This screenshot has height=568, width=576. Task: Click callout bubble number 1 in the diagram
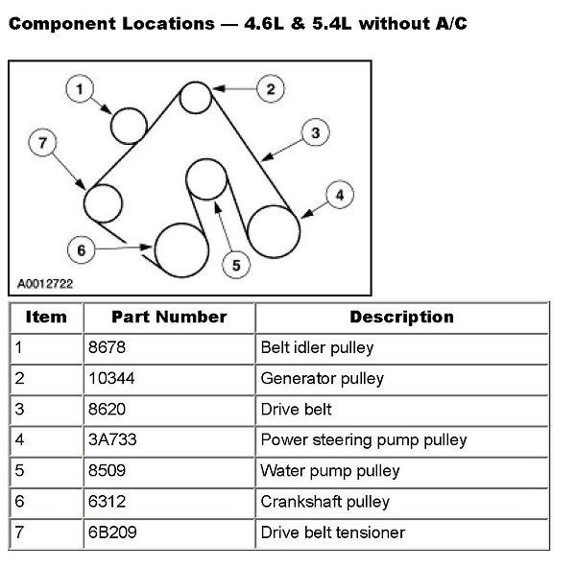(81, 89)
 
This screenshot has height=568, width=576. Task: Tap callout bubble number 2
(270, 89)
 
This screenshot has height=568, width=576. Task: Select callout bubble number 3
(315, 133)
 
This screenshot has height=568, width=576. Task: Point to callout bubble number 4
(338, 195)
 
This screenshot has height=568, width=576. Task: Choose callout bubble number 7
(42, 144)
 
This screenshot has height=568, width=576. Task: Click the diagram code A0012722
(45, 284)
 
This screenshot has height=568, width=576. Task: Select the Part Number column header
(169, 317)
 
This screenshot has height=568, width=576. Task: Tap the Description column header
(401, 317)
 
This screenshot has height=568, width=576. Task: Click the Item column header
(46, 317)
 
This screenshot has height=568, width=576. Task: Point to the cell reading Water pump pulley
(330, 470)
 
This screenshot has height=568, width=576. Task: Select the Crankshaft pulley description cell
(324, 501)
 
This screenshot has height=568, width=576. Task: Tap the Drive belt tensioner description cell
(332, 532)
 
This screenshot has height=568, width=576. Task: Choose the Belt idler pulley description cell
(317, 347)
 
